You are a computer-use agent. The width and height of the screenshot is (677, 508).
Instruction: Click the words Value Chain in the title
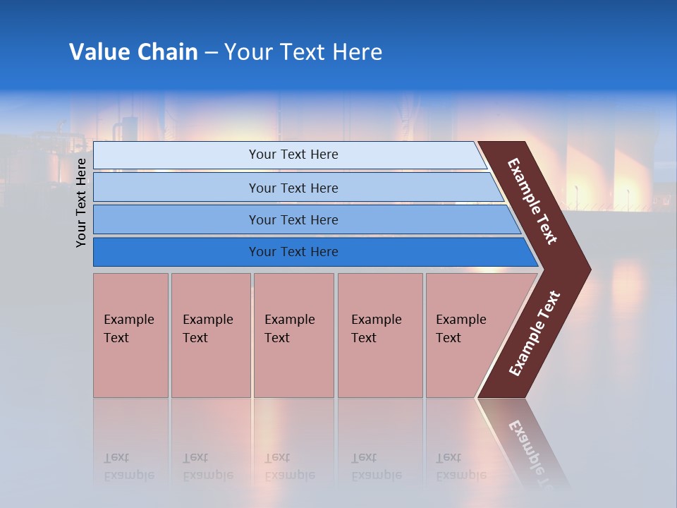(133, 52)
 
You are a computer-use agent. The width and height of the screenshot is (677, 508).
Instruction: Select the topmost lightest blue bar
(176, 155)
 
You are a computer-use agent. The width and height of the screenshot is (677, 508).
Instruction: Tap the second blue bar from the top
(176, 188)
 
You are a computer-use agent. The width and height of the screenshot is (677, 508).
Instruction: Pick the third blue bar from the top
(176, 219)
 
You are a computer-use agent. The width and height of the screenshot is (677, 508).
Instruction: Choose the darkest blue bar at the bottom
(176, 252)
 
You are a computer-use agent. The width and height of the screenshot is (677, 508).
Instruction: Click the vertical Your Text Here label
(81, 202)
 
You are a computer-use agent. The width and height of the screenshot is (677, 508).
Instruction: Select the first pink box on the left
(130, 335)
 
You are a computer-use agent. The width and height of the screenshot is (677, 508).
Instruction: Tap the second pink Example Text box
(210, 335)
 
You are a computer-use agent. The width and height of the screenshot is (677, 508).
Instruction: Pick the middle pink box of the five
(293, 335)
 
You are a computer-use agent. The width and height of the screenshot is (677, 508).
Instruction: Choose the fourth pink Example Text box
(380, 335)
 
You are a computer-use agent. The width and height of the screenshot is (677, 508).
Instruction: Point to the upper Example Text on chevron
(532, 201)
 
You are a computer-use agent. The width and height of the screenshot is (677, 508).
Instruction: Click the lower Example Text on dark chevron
(535, 334)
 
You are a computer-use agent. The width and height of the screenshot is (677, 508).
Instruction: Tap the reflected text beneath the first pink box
(128, 466)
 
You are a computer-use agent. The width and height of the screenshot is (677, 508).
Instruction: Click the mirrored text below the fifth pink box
(461, 466)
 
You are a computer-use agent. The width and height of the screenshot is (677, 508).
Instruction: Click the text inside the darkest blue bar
(293, 252)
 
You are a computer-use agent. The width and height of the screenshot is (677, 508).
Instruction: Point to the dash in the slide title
(211, 53)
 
